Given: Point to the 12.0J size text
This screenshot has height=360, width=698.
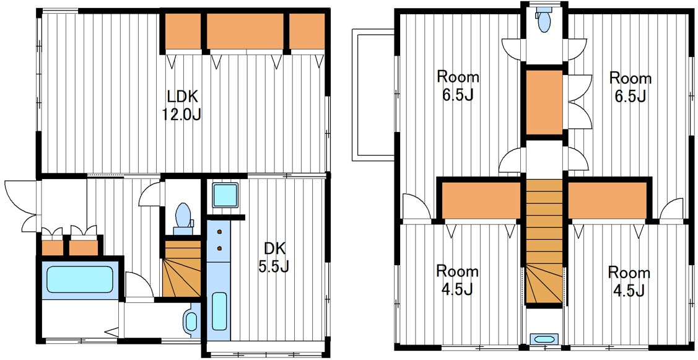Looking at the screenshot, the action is click(181, 115).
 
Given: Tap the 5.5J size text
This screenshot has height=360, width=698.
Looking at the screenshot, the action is click(274, 266).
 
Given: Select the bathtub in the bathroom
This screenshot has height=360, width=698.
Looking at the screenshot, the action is click(80, 279).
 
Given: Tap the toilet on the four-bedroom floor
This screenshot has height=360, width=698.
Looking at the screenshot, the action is click(544, 20).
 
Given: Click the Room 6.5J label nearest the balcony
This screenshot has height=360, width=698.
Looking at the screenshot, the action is click(458, 86).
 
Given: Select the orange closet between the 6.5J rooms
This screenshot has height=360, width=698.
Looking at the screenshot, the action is click(544, 102).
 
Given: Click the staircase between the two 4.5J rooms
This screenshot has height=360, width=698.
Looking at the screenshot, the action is click(544, 241).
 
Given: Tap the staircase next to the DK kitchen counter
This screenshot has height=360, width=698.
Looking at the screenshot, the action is click(181, 269).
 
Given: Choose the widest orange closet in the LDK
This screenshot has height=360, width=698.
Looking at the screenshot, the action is click(245, 30).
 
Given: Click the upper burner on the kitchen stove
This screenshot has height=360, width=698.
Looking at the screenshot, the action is click(219, 232).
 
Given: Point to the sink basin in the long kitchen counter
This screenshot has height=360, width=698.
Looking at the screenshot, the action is click(219, 311).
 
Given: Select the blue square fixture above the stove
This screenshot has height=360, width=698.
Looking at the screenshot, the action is click(225, 195).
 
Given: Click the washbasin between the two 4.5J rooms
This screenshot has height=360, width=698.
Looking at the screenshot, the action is click(544, 339).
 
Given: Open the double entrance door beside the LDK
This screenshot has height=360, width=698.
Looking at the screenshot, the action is click(22, 206).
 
